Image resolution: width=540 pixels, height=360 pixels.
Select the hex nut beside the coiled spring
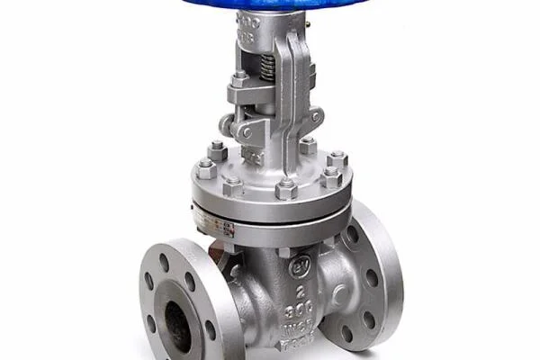(x=239, y=79)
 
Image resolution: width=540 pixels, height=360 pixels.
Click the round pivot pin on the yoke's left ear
(x=246, y=131)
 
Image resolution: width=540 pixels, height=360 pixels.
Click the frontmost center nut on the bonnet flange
(x=286, y=189)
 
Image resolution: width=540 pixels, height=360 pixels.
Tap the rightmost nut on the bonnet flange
(x=337, y=160)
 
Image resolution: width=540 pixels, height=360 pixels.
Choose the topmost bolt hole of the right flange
(x=352, y=233)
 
